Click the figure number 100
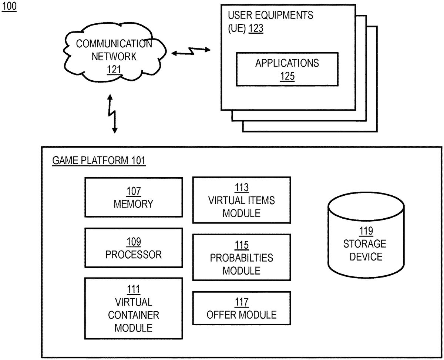pyautogui.click(x=10, y=7)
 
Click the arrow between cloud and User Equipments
pyautogui.click(x=191, y=52)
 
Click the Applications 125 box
pyautogui.click(x=287, y=69)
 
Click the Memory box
pyautogui.click(x=133, y=198)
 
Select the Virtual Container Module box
pyautogui.click(x=133, y=308)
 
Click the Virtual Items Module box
pyautogui.click(x=241, y=200)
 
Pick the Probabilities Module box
pyautogui.click(x=241, y=258)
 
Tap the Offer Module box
pyautogui.click(x=241, y=309)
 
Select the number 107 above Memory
pyautogui.click(x=133, y=191)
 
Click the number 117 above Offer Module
pyautogui.click(x=241, y=302)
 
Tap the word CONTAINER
pyautogui.click(x=133, y=315)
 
